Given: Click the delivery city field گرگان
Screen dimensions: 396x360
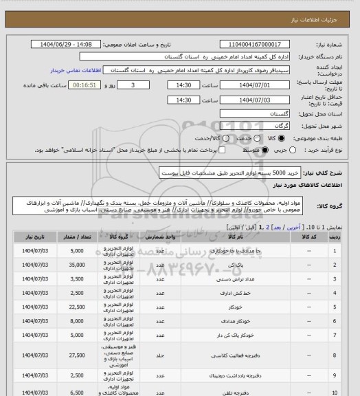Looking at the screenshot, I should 261,125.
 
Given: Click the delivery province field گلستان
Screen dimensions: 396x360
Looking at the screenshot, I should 261,112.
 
